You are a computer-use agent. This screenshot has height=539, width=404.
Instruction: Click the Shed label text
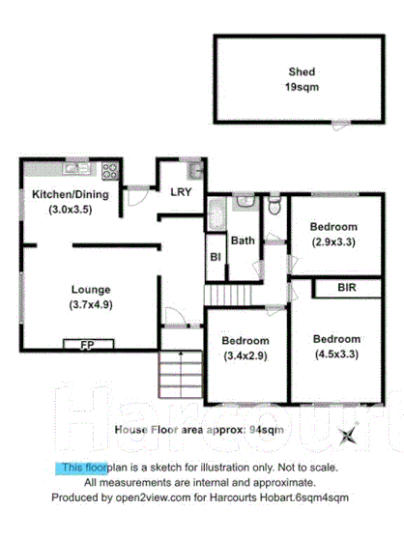click(x=302, y=71)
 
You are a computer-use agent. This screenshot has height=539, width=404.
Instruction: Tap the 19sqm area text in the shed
click(x=302, y=87)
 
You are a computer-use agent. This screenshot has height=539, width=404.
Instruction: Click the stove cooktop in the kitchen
click(x=109, y=171)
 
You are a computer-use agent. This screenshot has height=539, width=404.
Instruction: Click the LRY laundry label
click(x=181, y=191)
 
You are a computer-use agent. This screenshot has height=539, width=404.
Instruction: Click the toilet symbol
click(x=274, y=206)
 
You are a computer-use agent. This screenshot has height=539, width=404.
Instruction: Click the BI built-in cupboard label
click(x=215, y=258)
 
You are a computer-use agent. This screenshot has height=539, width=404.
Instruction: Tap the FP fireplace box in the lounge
click(x=88, y=344)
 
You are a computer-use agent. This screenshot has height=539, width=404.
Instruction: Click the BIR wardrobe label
click(x=349, y=288)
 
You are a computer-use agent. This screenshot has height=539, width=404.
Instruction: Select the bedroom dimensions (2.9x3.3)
click(x=332, y=242)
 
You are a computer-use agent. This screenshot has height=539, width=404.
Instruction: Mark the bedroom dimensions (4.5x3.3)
click(x=336, y=355)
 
